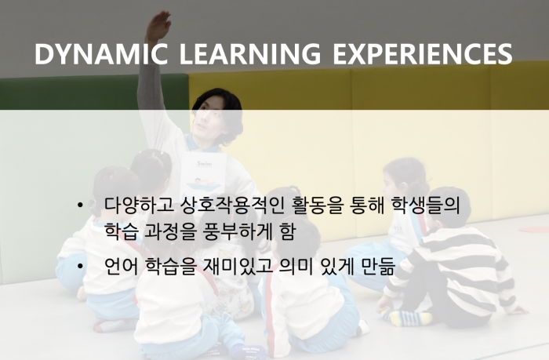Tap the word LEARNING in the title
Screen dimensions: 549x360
coord(250,53)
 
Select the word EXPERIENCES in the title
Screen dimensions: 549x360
coord(423,53)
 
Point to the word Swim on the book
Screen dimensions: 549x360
coord(204,163)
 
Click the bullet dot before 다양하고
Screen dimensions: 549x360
coord(81,205)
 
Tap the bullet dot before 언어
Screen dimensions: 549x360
coord(81,267)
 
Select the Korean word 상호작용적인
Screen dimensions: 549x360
coord(233,205)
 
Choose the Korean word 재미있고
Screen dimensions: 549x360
coord(238,267)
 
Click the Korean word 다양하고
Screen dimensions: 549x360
coord(140,205)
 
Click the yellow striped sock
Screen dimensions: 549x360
coord(409,318)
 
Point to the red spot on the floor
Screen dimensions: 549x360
coord(533,229)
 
